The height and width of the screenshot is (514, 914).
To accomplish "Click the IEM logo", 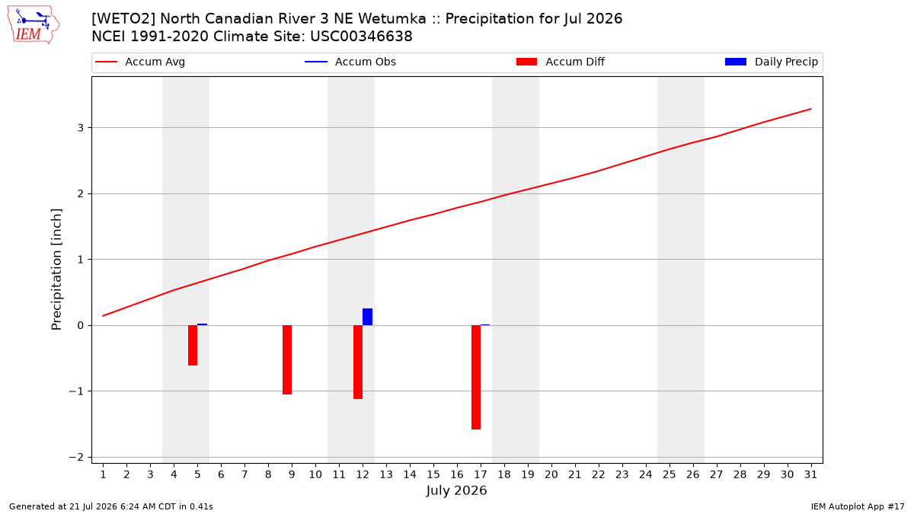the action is (x=34, y=25).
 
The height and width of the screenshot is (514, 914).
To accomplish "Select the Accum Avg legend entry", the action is (x=140, y=62).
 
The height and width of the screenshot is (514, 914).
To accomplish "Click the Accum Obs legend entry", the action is (x=350, y=62).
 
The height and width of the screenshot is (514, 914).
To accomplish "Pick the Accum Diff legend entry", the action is (x=561, y=62).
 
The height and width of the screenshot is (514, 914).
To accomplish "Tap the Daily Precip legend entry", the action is (x=771, y=62).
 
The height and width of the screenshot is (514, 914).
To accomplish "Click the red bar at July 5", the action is (x=193, y=345).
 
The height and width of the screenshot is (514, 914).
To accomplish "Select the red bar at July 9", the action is (x=287, y=359).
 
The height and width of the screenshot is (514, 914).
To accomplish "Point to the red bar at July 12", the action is (x=358, y=362).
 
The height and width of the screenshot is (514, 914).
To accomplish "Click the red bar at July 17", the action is (x=476, y=378).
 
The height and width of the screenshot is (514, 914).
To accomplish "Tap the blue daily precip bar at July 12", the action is (x=367, y=317).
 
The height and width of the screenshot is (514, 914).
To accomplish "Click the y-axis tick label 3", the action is (x=81, y=128).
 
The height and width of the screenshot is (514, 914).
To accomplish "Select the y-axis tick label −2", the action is (x=76, y=458).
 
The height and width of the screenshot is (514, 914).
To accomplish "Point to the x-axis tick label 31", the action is (x=810, y=474).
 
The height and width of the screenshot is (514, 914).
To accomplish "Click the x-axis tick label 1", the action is (x=103, y=474).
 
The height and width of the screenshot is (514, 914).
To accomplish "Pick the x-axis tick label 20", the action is (x=551, y=474).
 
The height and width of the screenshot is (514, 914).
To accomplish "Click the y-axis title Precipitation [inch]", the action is (x=56, y=270).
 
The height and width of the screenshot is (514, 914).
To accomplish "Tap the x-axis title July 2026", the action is (x=456, y=490).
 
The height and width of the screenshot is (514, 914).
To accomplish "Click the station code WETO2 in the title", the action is (x=123, y=19).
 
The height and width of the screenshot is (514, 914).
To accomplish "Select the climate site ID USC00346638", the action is (x=361, y=37).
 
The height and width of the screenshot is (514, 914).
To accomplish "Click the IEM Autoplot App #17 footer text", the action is (x=858, y=506).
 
